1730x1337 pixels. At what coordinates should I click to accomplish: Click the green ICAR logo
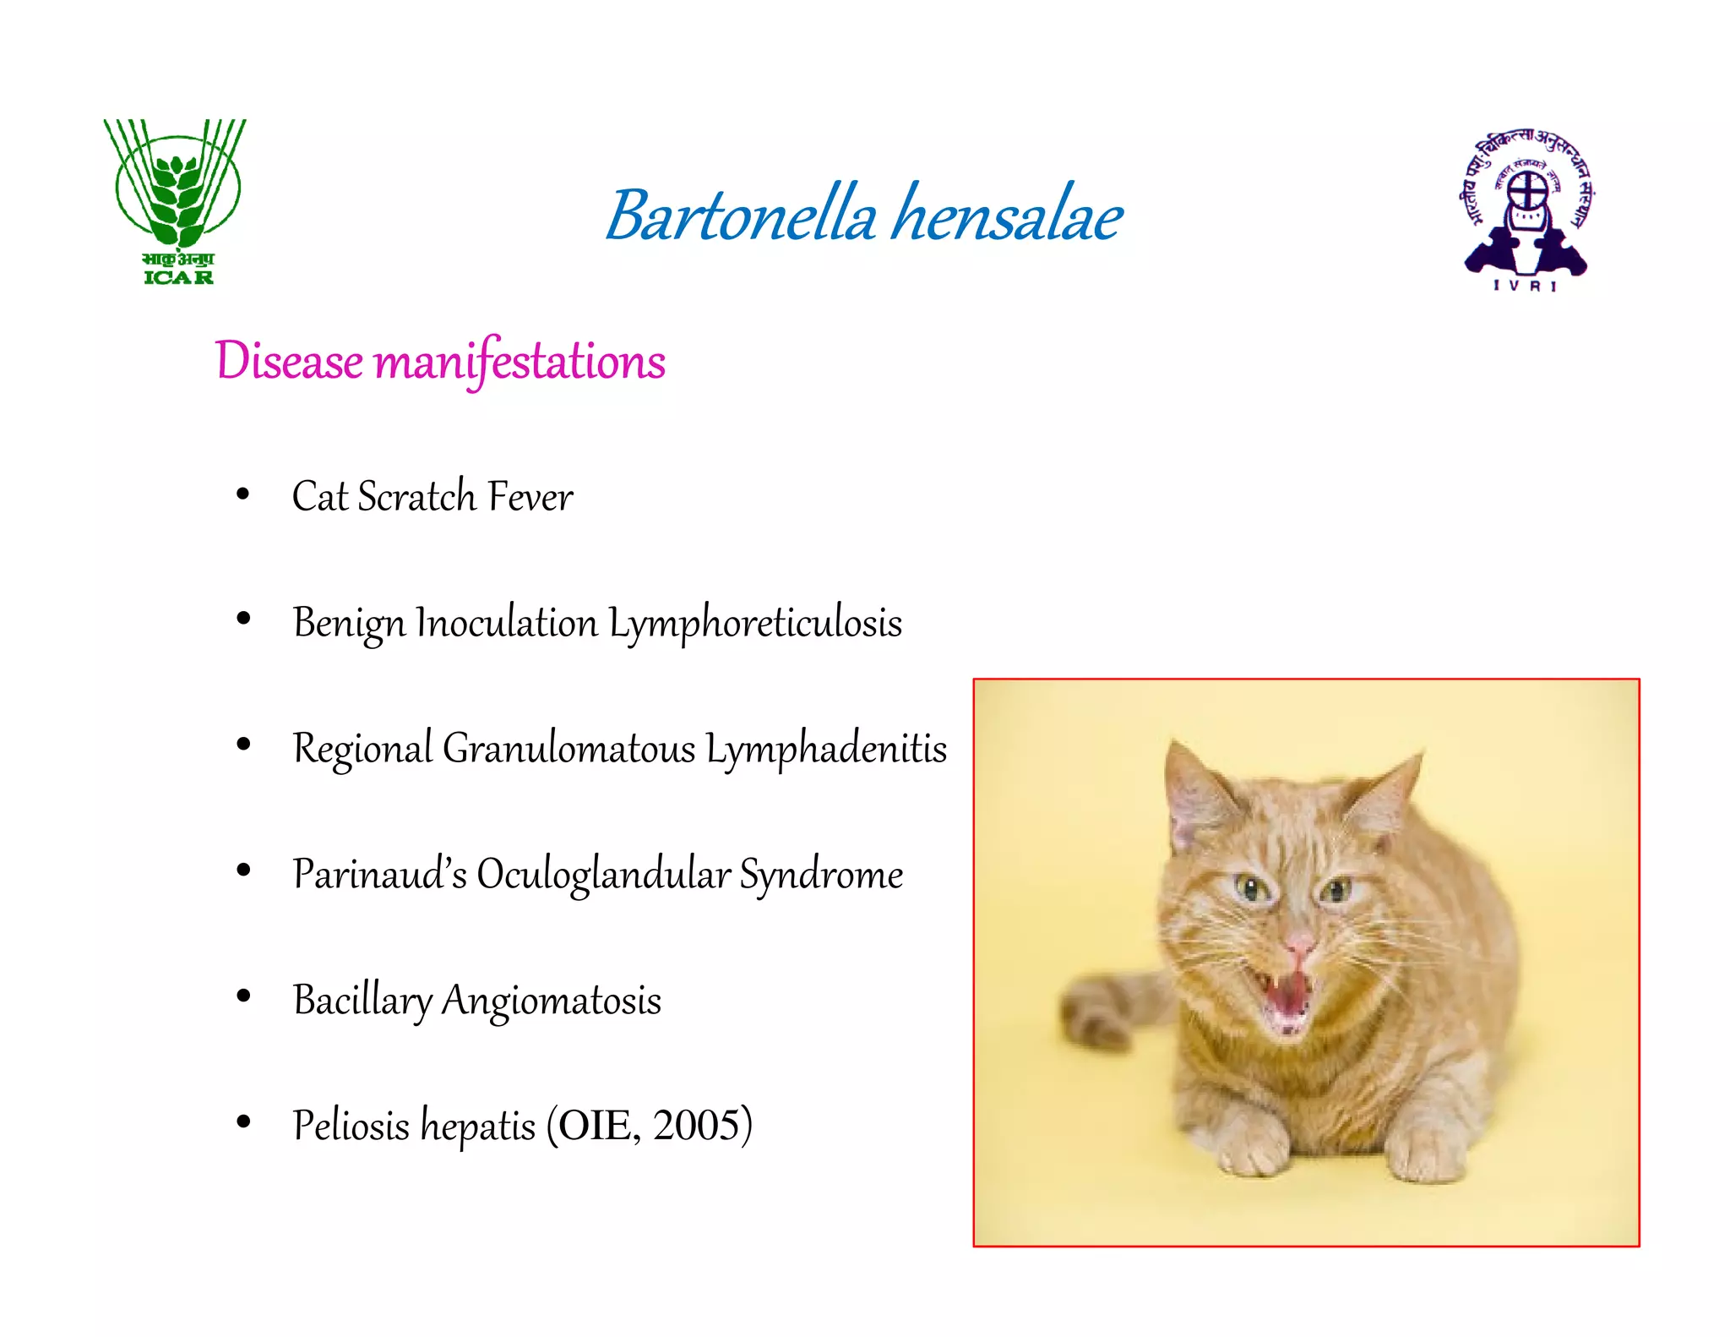point(176,201)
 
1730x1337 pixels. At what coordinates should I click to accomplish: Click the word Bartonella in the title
point(742,216)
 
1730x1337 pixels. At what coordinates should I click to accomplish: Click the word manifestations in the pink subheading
point(519,362)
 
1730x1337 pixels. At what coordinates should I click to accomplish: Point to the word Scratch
point(416,497)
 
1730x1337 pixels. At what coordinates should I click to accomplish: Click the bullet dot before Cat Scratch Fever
point(243,494)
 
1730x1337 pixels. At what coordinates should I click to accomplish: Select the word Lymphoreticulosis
point(755,624)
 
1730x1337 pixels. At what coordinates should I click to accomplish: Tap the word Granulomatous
point(569,749)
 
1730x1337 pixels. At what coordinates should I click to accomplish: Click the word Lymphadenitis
point(826,749)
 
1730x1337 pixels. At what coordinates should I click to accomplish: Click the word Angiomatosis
point(551,1001)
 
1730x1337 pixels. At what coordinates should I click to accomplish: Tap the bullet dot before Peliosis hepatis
point(243,1122)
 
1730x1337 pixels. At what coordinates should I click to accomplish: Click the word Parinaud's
point(379,875)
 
